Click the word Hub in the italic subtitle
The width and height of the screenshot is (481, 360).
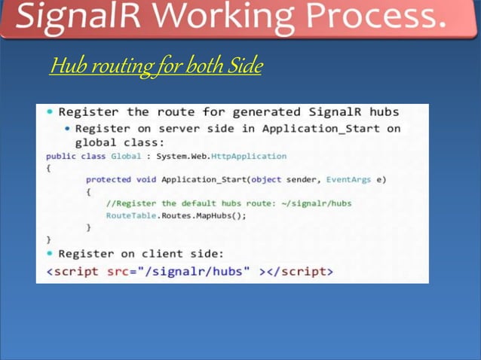tap(66, 67)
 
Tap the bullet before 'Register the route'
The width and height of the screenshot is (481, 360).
tap(50, 112)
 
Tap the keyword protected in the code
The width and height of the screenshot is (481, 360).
tap(107, 179)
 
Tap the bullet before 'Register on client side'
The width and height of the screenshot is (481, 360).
tap(50, 253)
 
